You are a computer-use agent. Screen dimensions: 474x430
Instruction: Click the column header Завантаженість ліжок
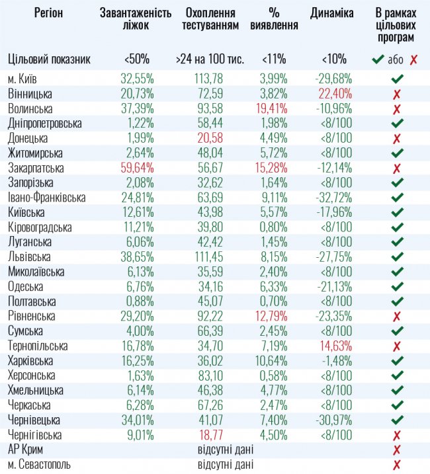pos(135,19)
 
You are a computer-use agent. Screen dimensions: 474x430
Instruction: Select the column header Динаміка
pos(331,13)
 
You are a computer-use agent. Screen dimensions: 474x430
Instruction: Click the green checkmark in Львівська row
pos(396,256)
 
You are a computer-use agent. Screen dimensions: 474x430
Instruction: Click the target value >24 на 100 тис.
pos(210,59)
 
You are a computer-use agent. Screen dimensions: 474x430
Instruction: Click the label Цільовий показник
pos(49,59)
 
